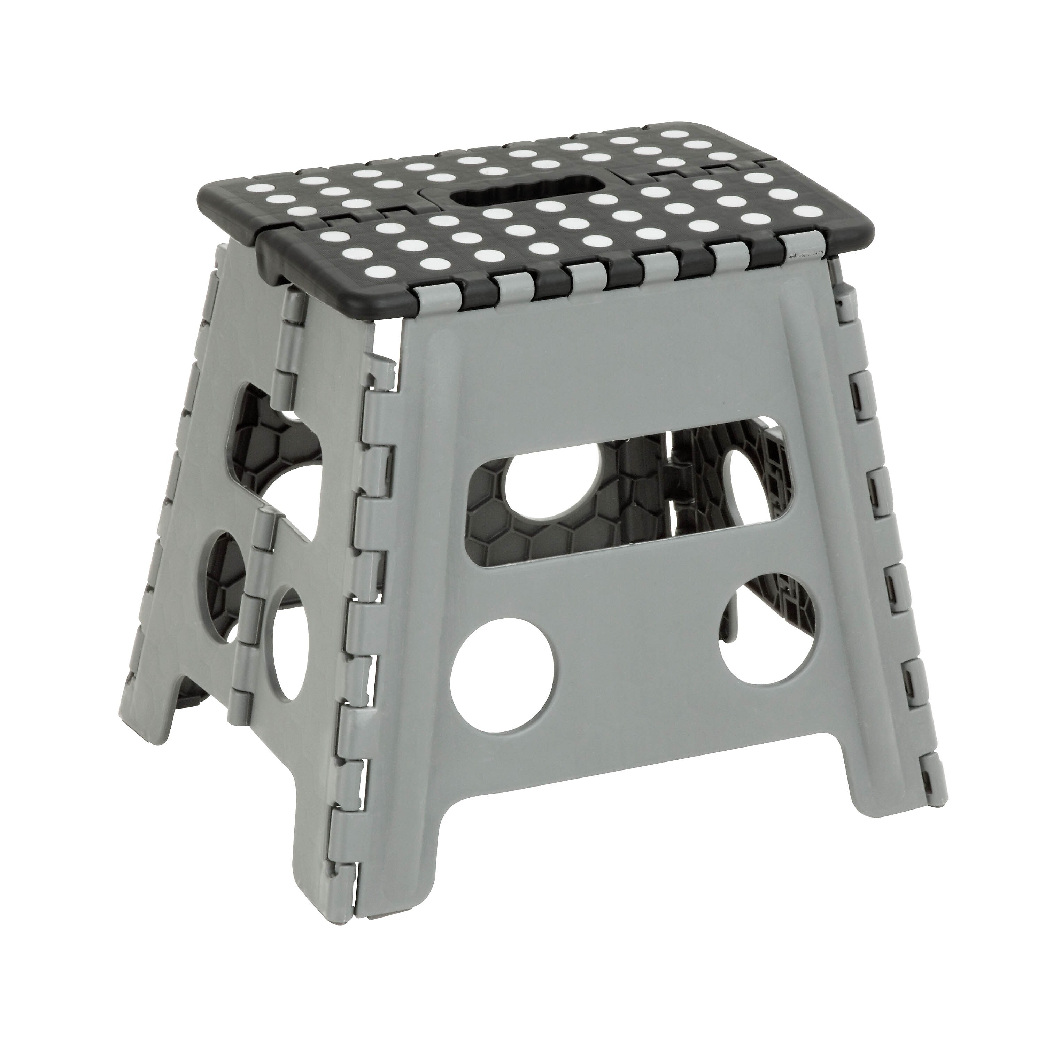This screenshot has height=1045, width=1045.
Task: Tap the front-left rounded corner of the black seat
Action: [x=270, y=265]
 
